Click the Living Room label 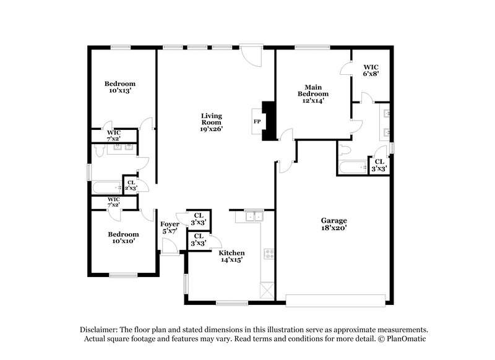pos(212,122)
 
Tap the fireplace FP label pos(257,122)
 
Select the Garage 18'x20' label pos(334,224)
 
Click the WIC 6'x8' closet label pos(371,70)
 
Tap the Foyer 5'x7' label pos(170,227)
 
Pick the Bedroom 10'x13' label pos(119,87)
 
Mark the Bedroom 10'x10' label pos(124,238)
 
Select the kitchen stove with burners pos(269,254)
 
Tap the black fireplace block pos(269,122)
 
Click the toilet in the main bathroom pos(345,149)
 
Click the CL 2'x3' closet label pos(131,185)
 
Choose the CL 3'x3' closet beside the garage pos(379,165)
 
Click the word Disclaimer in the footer pos(98,330)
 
